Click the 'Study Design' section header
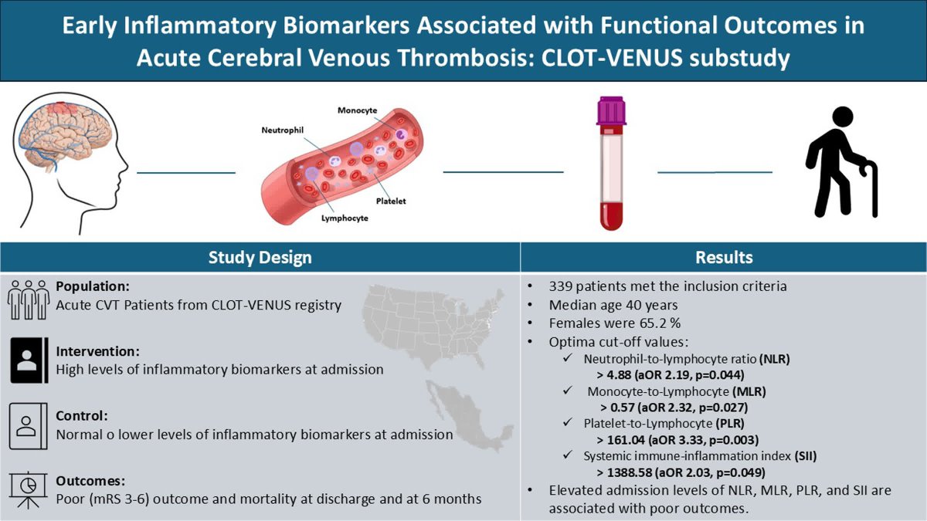click(x=260, y=257)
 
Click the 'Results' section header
click(x=723, y=257)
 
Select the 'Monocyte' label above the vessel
click(x=357, y=110)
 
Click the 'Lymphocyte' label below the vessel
click(x=345, y=218)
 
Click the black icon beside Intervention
click(x=29, y=361)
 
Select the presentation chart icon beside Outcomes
click(x=29, y=490)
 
